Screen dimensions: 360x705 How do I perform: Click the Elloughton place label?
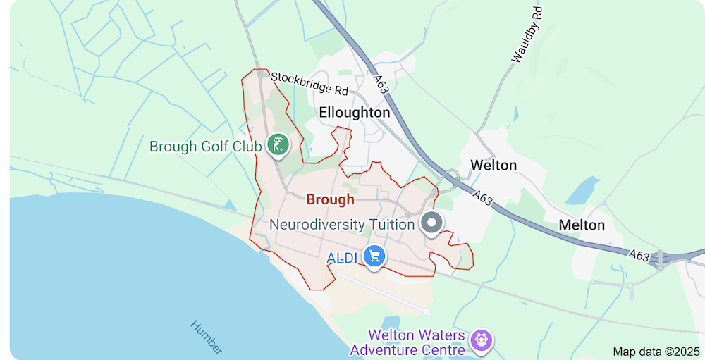click(x=354, y=112)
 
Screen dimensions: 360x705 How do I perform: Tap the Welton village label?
click(x=493, y=165)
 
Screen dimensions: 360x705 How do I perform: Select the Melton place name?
click(x=582, y=225)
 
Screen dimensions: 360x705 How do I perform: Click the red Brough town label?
click(x=330, y=199)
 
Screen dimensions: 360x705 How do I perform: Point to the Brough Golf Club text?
click(x=205, y=147)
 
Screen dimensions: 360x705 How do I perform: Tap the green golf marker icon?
click(x=279, y=146)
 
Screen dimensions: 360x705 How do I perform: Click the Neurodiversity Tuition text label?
click(x=343, y=225)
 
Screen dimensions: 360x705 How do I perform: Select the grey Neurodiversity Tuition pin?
click(x=431, y=223)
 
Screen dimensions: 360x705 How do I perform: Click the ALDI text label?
click(x=344, y=258)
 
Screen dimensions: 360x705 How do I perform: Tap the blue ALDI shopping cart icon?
click(x=374, y=256)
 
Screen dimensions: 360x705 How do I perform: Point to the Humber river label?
click(x=207, y=337)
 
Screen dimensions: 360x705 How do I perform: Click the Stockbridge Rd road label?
click(x=309, y=83)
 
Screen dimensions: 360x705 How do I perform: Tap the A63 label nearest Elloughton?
click(x=381, y=85)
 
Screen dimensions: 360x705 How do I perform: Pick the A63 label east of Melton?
click(x=638, y=254)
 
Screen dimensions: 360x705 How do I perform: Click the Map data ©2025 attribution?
click(x=655, y=351)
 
